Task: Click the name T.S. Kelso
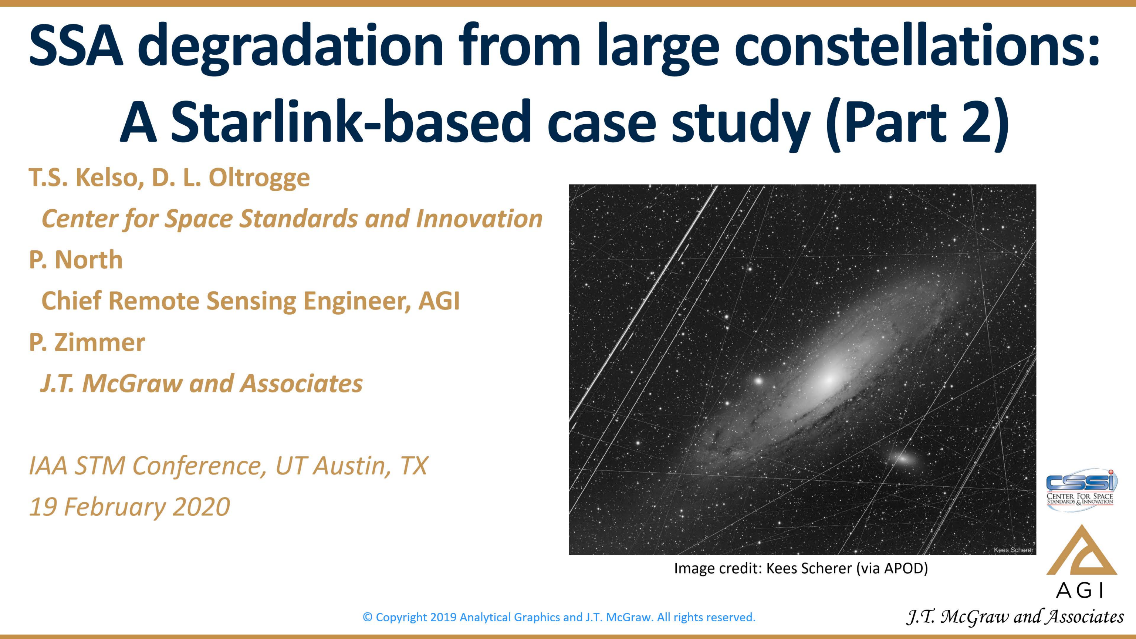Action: click(86, 178)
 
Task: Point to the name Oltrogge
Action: click(259, 178)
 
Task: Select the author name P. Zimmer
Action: click(87, 343)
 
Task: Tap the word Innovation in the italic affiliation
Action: click(479, 219)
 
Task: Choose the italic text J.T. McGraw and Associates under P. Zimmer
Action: click(202, 383)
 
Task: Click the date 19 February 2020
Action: click(129, 507)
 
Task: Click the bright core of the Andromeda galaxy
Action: click(829, 378)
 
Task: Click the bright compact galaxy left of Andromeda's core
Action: click(758, 380)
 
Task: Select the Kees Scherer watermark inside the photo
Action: click(1013, 550)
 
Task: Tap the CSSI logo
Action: click(1081, 490)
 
